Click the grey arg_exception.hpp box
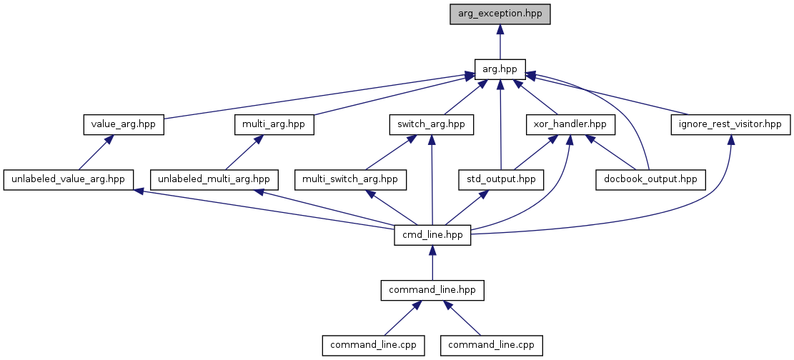click(x=500, y=14)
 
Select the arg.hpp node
click(x=500, y=69)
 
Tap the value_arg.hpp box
click(x=124, y=124)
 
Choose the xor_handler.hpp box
click(x=570, y=124)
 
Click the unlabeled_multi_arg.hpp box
click(x=214, y=179)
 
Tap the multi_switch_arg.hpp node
click(x=350, y=179)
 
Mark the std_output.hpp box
click(x=500, y=179)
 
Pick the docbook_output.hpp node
click(x=650, y=179)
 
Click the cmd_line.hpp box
click(x=432, y=234)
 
